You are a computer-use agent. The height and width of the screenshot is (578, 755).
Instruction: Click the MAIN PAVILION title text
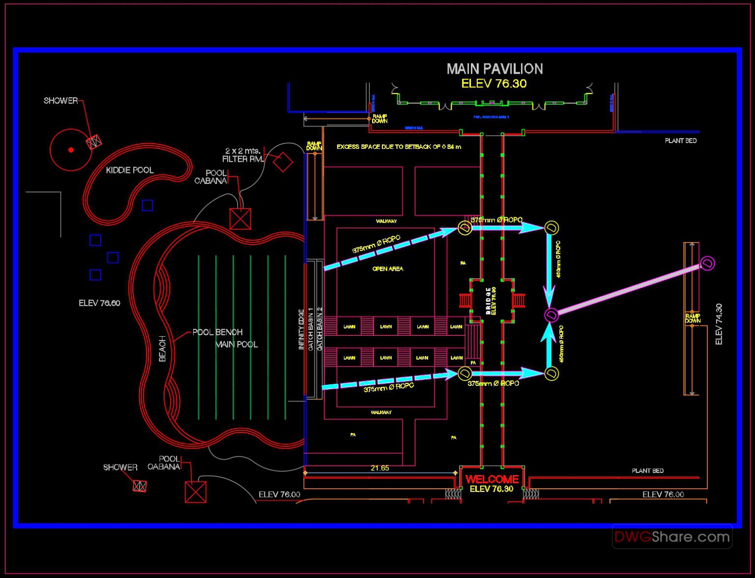pyautogui.click(x=494, y=69)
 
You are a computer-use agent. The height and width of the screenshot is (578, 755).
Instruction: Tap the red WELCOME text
pyautogui.click(x=492, y=479)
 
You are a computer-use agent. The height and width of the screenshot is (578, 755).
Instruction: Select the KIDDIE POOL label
pyautogui.click(x=130, y=170)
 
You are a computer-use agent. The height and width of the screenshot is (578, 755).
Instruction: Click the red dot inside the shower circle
pyautogui.click(x=71, y=150)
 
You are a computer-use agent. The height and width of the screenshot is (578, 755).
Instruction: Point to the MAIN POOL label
pyautogui.click(x=236, y=345)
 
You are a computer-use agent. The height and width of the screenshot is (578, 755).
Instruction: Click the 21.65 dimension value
pyautogui.click(x=379, y=468)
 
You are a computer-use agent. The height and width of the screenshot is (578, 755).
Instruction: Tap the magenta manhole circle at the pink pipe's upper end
pyautogui.click(x=707, y=263)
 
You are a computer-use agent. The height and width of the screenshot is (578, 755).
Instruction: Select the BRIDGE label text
pyautogui.click(x=488, y=301)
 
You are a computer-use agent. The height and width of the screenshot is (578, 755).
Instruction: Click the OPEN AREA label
pyautogui.click(x=387, y=269)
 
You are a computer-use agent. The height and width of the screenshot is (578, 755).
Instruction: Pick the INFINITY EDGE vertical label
pyautogui.click(x=301, y=329)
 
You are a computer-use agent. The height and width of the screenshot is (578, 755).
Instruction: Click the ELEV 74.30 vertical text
pyautogui.click(x=719, y=324)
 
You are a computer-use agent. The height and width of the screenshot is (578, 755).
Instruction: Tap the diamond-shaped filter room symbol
pyautogui.click(x=283, y=162)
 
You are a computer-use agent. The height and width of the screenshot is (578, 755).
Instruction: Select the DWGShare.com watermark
pyautogui.click(x=671, y=537)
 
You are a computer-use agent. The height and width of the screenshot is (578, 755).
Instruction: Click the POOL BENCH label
pyautogui.click(x=217, y=332)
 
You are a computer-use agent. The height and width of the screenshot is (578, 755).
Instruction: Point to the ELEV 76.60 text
pyautogui.click(x=99, y=303)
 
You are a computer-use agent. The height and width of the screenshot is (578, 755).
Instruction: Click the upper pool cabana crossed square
pyautogui.click(x=240, y=219)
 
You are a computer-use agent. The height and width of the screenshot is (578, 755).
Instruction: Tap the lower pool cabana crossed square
pyautogui.click(x=195, y=492)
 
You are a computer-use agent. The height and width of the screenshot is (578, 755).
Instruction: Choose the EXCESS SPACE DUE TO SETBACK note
pyautogui.click(x=399, y=147)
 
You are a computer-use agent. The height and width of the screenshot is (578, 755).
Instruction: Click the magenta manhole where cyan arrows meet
pyautogui.click(x=551, y=315)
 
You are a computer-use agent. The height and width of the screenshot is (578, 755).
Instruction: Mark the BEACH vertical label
pyautogui.click(x=163, y=348)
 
